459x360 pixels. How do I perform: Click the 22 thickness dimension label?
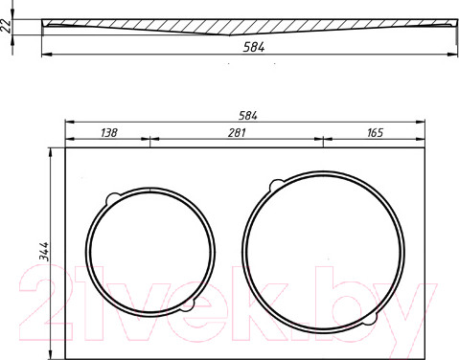[x=6, y=27]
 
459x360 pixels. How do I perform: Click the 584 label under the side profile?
[x=254, y=47]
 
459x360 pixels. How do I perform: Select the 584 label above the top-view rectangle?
[x=248, y=116]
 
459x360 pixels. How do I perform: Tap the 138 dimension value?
[x=109, y=132]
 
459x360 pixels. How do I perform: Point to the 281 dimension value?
[x=237, y=132]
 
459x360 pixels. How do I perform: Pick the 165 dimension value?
[x=375, y=132]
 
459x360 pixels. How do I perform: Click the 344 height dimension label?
[x=44, y=252]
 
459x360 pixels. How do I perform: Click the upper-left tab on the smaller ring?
[x=111, y=199]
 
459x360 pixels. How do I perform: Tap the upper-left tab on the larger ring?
[x=276, y=186]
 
